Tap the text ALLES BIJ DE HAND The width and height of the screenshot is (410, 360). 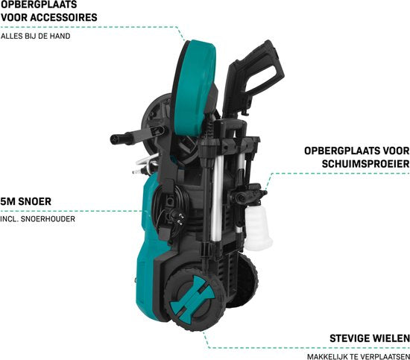pyautogui.click(x=36, y=36)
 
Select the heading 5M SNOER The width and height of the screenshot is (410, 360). pyautogui.click(x=25, y=201)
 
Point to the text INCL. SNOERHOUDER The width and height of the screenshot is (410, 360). pyautogui.click(x=38, y=219)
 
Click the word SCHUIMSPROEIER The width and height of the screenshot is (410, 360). pyautogui.click(x=365, y=164)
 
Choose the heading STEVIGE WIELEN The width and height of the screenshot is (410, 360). pyautogui.click(x=370, y=338)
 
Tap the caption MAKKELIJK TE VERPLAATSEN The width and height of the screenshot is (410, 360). pyautogui.click(x=359, y=356)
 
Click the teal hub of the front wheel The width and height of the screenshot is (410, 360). pyautogui.click(x=192, y=295)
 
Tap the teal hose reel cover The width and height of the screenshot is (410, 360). pyautogui.click(x=195, y=89)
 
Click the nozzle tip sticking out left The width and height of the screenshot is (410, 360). pyautogui.click(x=114, y=139)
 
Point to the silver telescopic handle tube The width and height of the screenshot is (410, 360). pyautogui.click(x=217, y=199)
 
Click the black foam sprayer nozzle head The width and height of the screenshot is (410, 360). pyautogui.click(x=247, y=194)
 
